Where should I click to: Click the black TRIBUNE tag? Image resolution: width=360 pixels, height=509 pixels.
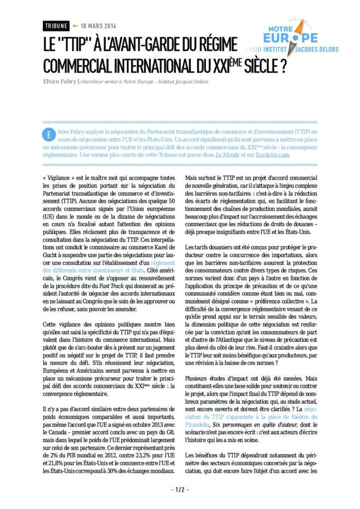[x=55, y=26]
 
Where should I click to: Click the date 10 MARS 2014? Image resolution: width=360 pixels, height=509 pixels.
[x=98, y=26]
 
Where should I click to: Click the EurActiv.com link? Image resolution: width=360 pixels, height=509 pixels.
[x=272, y=155]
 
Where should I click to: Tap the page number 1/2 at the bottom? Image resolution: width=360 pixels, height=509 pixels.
[x=180, y=490]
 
